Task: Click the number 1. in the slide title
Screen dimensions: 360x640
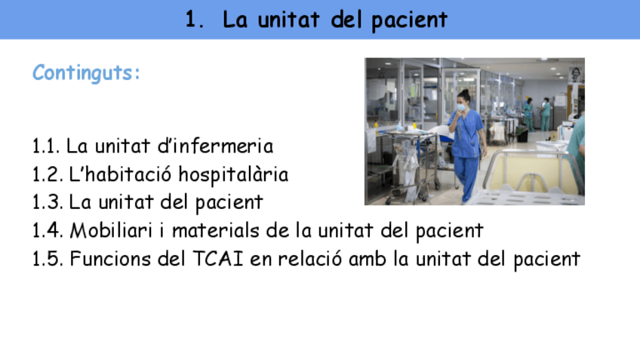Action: [x=195, y=20]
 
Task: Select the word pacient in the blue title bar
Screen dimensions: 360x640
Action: [x=410, y=20]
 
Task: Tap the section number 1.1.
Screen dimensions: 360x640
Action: [x=47, y=146]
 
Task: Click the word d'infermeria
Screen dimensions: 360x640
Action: [x=221, y=146]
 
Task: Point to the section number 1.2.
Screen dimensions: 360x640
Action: [x=47, y=174]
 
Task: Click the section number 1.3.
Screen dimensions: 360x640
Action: [x=47, y=202]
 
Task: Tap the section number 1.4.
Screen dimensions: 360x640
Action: [x=47, y=230]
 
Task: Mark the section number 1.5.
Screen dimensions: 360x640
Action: [x=47, y=259]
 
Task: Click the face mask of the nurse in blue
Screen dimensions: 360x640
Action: [x=461, y=107]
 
